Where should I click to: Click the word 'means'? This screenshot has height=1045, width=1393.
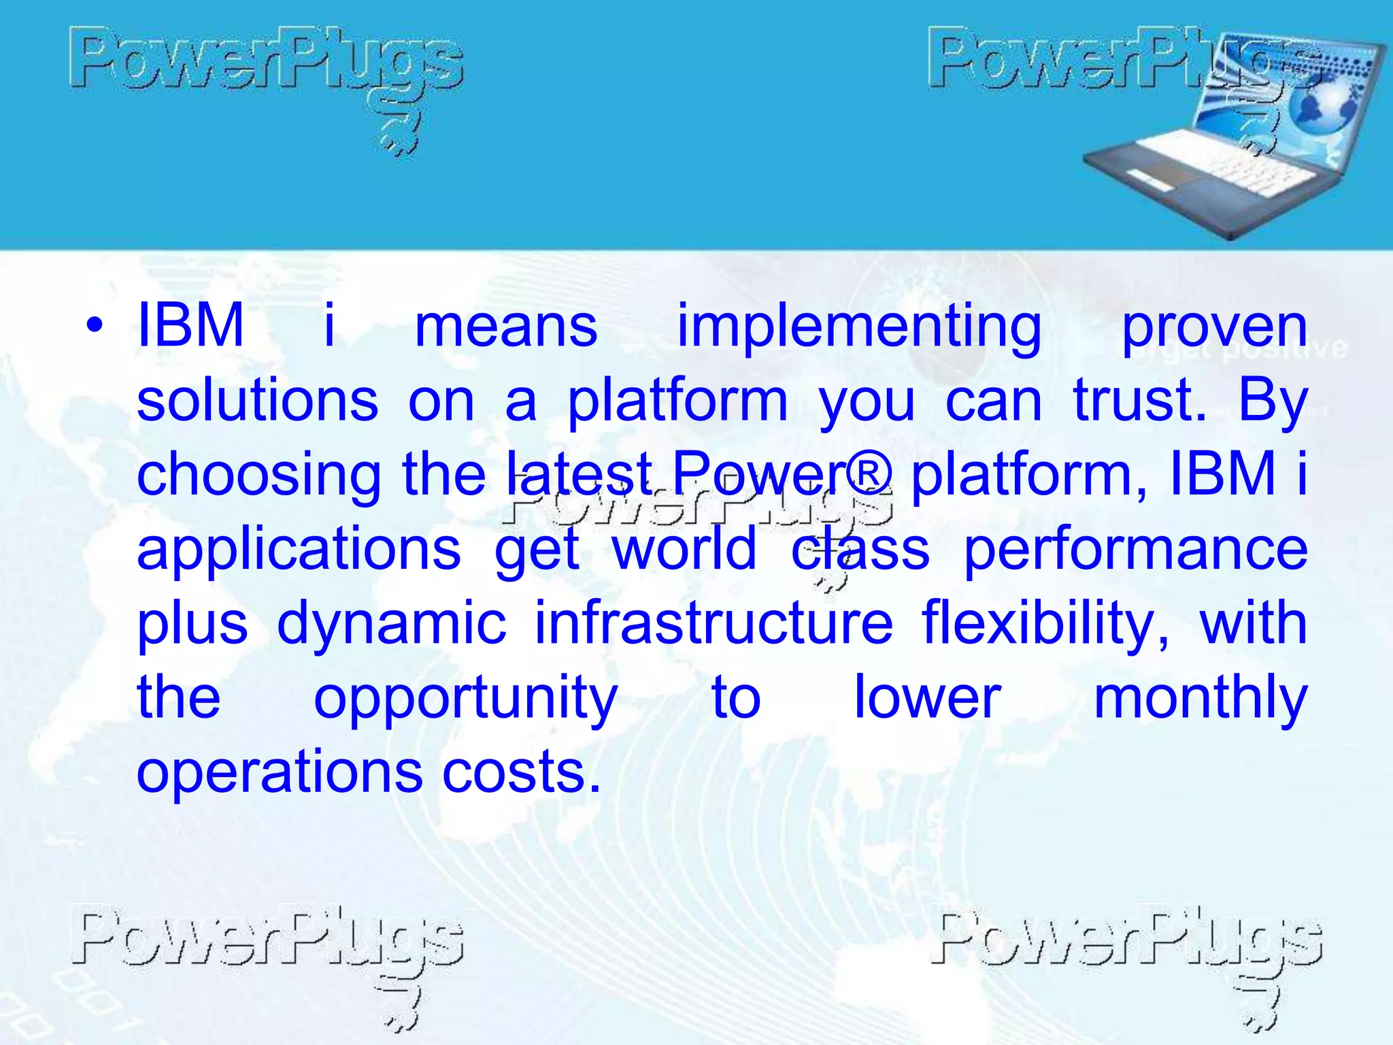pos(506,327)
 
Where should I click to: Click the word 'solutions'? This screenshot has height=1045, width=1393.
pos(257,401)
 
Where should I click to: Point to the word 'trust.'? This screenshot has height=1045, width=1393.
pos(1140,401)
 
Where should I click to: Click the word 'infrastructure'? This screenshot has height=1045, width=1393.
pos(714,624)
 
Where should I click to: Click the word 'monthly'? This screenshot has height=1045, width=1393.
pos(1201,699)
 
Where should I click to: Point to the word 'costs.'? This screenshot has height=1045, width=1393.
pos(522,773)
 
